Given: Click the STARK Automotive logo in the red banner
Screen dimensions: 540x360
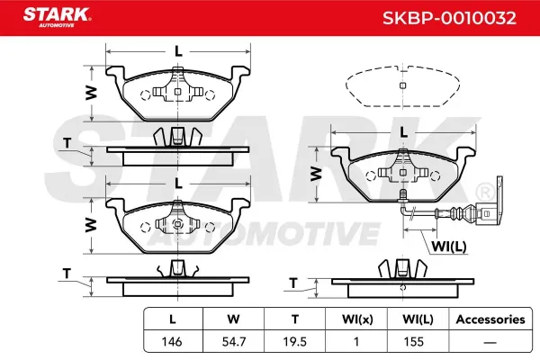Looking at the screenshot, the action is (x=58, y=17).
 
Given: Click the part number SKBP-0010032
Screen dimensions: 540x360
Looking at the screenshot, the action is (x=449, y=18).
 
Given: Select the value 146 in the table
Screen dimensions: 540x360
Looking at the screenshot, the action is (x=172, y=342).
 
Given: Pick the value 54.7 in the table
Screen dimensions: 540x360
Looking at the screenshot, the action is (x=234, y=342).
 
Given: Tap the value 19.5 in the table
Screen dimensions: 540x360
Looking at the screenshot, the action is (x=295, y=342).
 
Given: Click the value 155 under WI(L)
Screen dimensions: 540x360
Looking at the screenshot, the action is (x=414, y=342).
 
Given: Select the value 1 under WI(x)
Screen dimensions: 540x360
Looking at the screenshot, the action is (x=356, y=342).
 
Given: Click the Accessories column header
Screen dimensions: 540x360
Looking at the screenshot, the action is (x=490, y=319).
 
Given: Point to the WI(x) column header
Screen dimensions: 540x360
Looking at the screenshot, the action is (x=357, y=319).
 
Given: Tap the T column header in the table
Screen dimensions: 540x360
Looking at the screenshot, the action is (x=295, y=319).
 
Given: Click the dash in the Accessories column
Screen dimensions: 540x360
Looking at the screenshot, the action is (x=490, y=342).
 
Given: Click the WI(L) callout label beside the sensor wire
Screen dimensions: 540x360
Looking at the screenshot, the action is (x=449, y=247).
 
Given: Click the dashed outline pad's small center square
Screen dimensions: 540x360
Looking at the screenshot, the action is (x=402, y=85).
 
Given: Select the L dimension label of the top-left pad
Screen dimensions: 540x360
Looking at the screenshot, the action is (x=178, y=51).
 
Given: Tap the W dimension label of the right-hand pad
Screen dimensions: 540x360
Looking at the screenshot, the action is (x=316, y=174).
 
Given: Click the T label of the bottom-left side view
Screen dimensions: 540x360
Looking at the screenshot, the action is (x=67, y=274).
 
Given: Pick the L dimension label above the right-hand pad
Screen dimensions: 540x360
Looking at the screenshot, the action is (x=403, y=132).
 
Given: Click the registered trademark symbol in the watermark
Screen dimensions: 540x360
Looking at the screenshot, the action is (x=485, y=193).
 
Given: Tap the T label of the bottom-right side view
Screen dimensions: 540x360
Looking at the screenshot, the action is (x=293, y=283).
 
